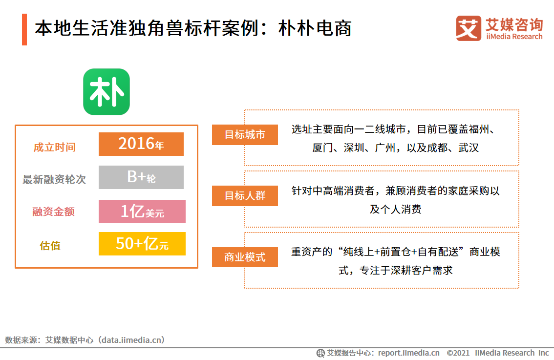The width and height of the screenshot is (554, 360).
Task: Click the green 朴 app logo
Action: tap(107, 92)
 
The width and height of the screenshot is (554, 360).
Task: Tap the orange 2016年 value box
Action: tap(141, 144)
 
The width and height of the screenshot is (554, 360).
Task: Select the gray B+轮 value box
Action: tap(141, 177)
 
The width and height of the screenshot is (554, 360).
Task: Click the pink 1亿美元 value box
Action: tap(142, 212)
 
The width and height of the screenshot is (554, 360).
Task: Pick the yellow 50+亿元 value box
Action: tap(142, 244)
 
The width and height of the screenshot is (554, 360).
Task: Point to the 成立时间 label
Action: tap(54, 147)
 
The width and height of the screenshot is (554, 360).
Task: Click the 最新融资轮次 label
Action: tap(54, 179)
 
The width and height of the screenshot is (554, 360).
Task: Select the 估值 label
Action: tap(50, 245)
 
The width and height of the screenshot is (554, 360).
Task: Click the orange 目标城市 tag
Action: tap(245, 135)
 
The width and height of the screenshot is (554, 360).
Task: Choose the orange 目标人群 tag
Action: tap(245, 196)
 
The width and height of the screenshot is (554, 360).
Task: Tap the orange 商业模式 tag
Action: tap(245, 257)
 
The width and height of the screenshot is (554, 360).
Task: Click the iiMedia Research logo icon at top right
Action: tap(468, 28)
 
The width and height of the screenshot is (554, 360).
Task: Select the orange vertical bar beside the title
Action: tap(24, 29)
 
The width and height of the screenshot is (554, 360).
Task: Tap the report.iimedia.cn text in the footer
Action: tap(408, 353)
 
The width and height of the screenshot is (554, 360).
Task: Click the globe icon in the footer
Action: tap(320, 353)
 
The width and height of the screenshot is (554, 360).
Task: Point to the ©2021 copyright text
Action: tap(458, 353)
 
